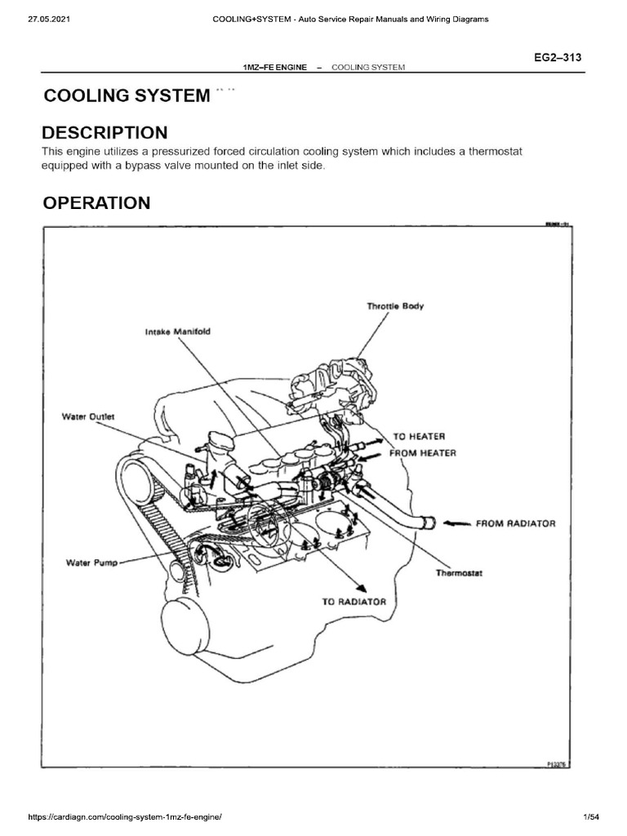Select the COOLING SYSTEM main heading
pos(126,96)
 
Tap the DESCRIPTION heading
pos(105,132)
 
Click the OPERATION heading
pos(96,203)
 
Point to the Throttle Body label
pos(395,306)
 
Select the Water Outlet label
pos(89,416)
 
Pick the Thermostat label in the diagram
pos(460,573)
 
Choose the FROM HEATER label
pos(425,452)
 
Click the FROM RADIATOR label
pos(516,522)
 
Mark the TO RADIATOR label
pos(354,601)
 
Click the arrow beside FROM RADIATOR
pos(456,522)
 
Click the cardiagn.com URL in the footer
pos(113,817)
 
